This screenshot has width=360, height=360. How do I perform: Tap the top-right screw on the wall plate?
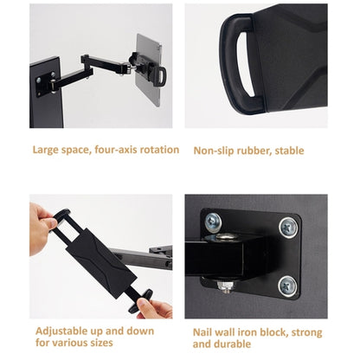288,228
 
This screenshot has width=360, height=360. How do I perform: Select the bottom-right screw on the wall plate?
288,285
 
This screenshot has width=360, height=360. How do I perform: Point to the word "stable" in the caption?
286,151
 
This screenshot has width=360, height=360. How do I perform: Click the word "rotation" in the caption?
160,150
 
